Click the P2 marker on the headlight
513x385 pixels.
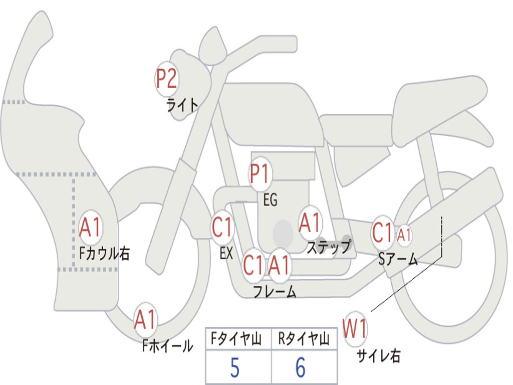pyautogui.click(x=167, y=79)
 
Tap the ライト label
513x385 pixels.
pyautogui.click(x=182, y=105)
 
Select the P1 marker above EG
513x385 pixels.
pyautogui.click(x=260, y=174)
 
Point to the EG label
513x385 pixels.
pyautogui.click(x=270, y=200)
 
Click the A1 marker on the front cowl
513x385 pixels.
pyautogui.click(x=90, y=228)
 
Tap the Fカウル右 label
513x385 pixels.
pyautogui.click(x=105, y=253)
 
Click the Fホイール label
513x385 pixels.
pyautogui.click(x=167, y=345)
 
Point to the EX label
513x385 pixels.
pyautogui.click(x=226, y=253)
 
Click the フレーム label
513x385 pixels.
pyautogui.click(x=275, y=291)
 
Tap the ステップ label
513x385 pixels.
pyautogui.click(x=329, y=247)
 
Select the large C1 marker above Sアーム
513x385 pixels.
pyautogui.click(x=383, y=233)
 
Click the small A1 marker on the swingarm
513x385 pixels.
pyautogui.click(x=404, y=235)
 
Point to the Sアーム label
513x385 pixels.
pyautogui.click(x=398, y=259)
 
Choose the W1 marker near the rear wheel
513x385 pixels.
pyautogui.click(x=355, y=329)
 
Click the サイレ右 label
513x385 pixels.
pyautogui.click(x=379, y=355)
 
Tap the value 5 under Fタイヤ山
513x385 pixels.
pyautogui.click(x=235, y=367)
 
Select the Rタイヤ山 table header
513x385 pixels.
pyautogui.click(x=304, y=339)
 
